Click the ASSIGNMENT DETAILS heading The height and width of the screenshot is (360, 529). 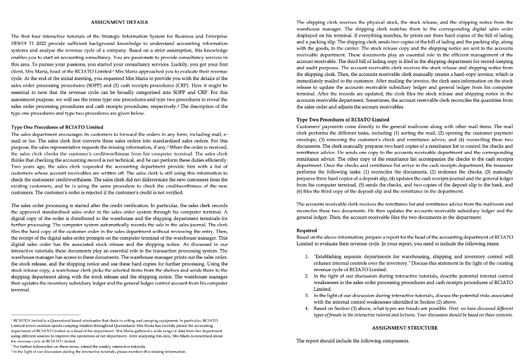point(119,22)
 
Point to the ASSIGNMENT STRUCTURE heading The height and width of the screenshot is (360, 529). point(405,327)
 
